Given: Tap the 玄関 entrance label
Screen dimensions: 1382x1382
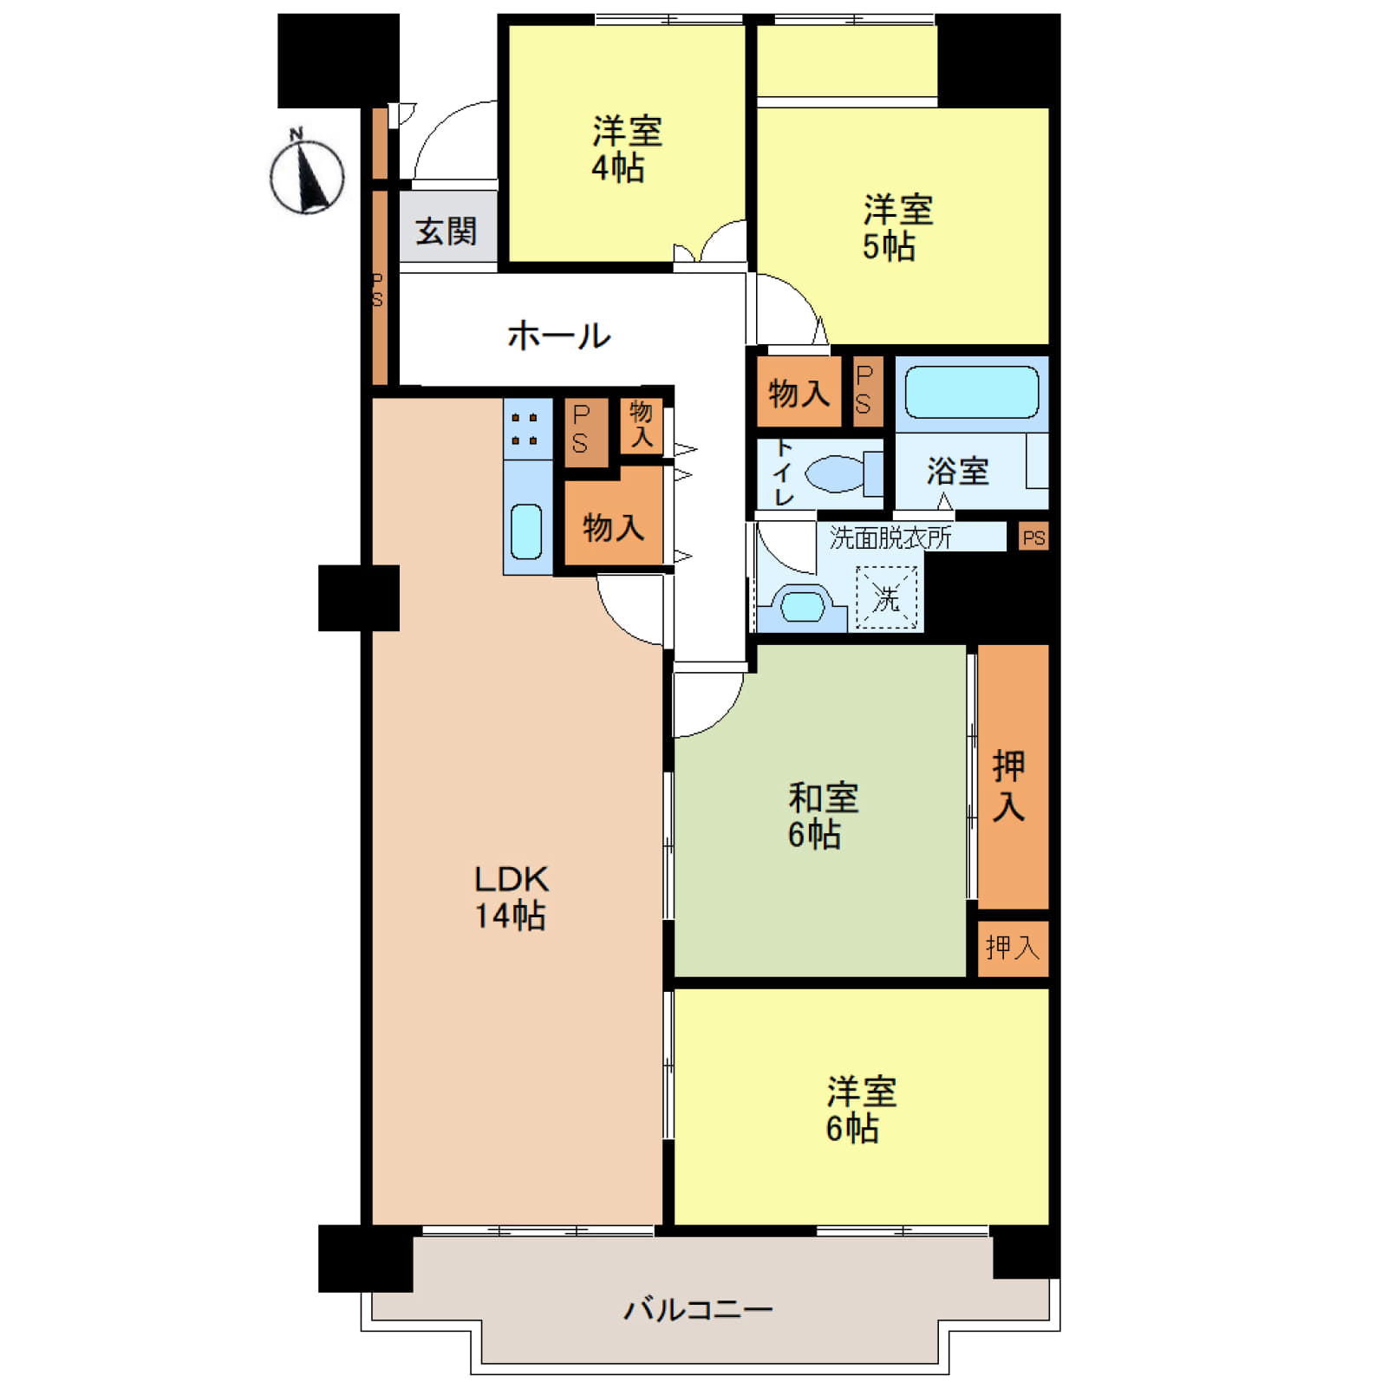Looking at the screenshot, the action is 446,231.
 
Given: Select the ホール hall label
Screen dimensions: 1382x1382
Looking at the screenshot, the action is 558,336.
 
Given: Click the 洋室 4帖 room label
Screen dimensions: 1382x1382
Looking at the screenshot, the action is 626,149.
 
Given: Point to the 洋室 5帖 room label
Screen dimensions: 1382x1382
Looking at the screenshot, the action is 896,228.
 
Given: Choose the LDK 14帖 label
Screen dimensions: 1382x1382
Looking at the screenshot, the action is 511,897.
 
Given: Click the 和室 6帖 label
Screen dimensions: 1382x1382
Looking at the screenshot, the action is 822,815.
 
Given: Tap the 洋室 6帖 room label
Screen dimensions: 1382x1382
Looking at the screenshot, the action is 860,1110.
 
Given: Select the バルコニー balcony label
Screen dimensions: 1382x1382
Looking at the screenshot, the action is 699,1308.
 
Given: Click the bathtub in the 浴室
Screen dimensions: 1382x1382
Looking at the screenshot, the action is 972,393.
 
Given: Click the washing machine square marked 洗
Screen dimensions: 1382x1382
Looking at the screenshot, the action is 886,597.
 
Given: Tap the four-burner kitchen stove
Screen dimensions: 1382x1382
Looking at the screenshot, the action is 527,429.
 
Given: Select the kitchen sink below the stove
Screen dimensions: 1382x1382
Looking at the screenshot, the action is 526,531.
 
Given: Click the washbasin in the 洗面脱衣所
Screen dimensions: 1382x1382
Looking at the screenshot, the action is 802,607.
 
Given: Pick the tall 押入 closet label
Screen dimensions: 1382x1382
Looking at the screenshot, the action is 1009,786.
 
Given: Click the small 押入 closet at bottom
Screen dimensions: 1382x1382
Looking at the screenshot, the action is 1013,948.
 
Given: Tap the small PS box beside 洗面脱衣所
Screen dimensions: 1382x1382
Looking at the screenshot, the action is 1033,538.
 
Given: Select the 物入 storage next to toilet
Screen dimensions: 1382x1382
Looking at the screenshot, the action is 799,394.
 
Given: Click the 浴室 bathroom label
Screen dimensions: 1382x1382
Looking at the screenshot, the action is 957,472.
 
